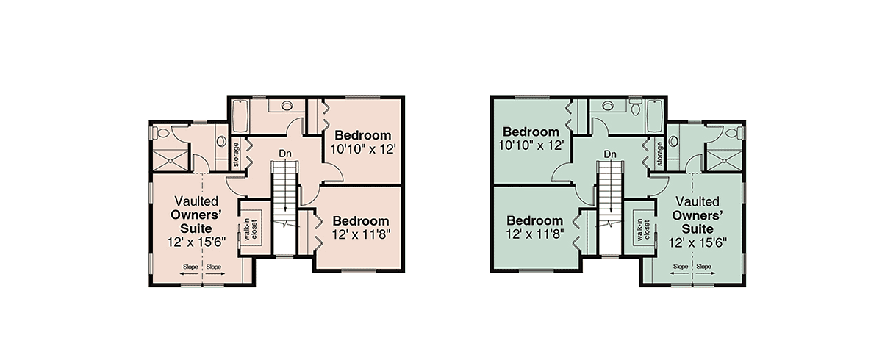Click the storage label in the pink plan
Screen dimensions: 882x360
(236, 154)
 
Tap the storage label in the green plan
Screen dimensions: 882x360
(660, 154)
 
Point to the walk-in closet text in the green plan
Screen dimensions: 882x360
(643, 230)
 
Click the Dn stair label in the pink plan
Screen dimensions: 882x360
(285, 154)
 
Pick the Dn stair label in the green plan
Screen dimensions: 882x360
(610, 154)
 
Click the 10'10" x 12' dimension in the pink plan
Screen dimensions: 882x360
(362, 149)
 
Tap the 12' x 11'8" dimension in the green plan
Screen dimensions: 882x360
(535, 234)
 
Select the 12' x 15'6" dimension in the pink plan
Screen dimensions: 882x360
(196, 242)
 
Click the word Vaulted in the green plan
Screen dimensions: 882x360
(698, 201)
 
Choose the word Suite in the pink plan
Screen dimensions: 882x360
(196, 228)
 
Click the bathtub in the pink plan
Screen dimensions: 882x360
(239, 117)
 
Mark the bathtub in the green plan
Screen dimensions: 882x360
(655, 117)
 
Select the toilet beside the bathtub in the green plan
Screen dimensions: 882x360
(635, 107)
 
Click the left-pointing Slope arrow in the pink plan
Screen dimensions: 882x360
(190, 273)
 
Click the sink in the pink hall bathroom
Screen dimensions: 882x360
(287, 105)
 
